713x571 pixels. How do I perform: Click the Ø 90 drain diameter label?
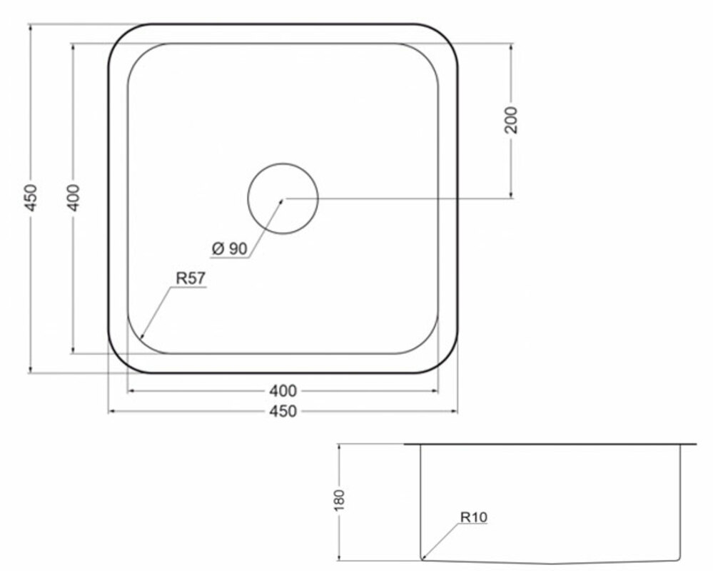click(230, 248)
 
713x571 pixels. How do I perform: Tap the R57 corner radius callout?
click(191, 278)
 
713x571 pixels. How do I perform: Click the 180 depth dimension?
click(339, 500)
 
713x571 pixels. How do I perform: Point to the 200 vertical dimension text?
click(511, 120)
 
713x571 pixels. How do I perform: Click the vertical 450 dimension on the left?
click(30, 198)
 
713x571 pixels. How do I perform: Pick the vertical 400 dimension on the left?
click(73, 198)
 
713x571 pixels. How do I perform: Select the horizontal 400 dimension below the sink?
click(283, 390)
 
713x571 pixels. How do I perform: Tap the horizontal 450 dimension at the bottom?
click(283, 411)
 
